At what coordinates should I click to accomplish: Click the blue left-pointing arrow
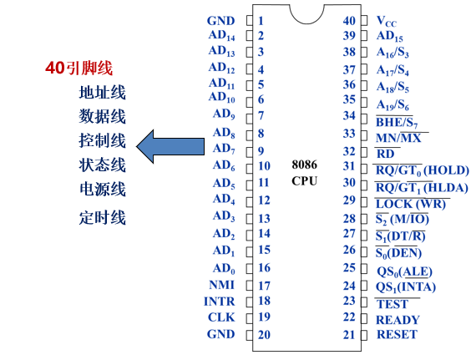[x=171, y=146]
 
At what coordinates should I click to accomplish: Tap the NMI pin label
[x=221, y=284]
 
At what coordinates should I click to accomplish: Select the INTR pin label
[x=220, y=301]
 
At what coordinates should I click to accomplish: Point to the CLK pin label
[x=221, y=317]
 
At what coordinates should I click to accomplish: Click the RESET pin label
[x=397, y=335]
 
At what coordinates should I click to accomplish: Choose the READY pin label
[x=398, y=319]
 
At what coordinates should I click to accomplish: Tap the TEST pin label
[x=392, y=304]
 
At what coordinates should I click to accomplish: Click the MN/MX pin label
[x=402, y=136]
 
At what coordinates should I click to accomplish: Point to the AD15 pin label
[x=390, y=36]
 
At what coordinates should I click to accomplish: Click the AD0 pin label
[x=223, y=268]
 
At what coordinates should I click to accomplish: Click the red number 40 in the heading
[x=53, y=68]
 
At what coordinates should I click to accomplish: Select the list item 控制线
[x=102, y=140]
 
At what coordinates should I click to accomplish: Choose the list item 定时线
[x=102, y=218]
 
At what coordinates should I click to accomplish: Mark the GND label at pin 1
[x=221, y=21]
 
